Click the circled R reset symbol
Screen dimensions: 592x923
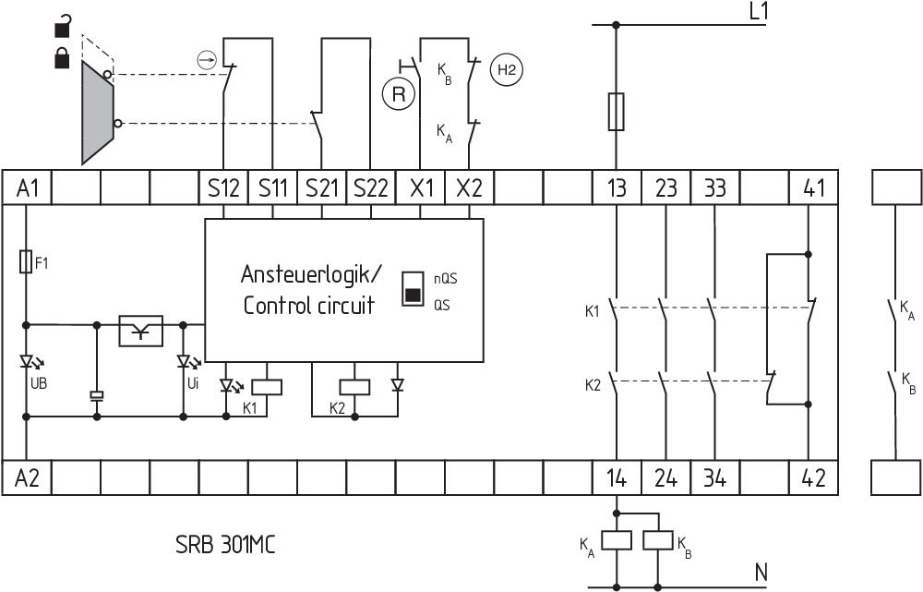point(397,93)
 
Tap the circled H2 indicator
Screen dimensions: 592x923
point(506,68)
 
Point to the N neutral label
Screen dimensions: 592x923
point(761,573)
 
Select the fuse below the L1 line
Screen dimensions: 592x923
point(617,111)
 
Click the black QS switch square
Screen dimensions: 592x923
point(412,296)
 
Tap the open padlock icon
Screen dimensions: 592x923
point(61,26)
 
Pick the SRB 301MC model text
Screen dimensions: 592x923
point(224,544)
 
